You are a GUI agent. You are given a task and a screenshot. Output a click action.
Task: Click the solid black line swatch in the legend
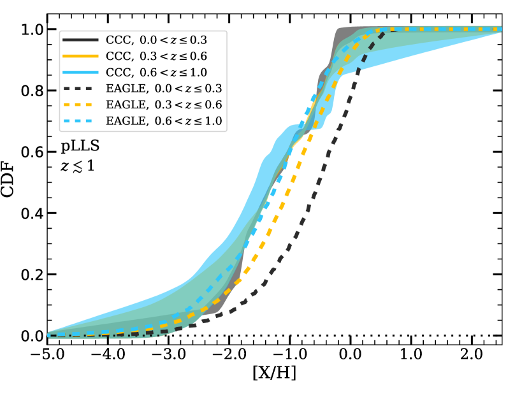click(80, 40)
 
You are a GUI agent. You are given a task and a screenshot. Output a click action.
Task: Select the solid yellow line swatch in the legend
click(80, 55)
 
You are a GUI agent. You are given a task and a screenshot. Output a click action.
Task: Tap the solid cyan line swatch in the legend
click(80, 71)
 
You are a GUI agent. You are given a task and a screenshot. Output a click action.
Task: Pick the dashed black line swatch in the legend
click(80, 88)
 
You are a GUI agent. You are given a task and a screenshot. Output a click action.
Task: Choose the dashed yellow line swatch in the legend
click(80, 104)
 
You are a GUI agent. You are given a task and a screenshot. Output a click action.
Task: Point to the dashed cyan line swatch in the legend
click(80, 120)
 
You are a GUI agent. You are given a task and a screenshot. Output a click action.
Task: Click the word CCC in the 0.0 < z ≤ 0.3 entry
click(117, 40)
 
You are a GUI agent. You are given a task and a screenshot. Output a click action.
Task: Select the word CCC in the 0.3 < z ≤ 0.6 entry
click(117, 55)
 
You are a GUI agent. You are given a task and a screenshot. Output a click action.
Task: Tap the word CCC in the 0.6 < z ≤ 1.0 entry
click(117, 71)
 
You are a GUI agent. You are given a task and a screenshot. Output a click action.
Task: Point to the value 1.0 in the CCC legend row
click(199, 71)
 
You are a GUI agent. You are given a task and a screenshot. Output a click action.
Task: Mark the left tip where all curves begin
click(49, 335)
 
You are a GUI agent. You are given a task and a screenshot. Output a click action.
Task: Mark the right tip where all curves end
click(500, 29)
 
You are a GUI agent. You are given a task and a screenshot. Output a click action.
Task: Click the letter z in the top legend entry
click(170, 40)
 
